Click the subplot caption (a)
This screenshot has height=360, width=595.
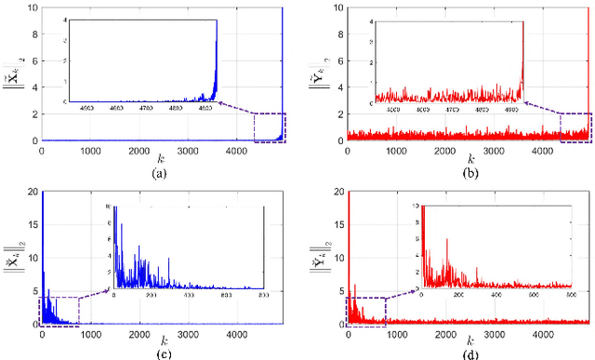pyautogui.click(x=163, y=172)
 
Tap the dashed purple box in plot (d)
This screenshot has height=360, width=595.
pyautogui.click(x=366, y=312)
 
